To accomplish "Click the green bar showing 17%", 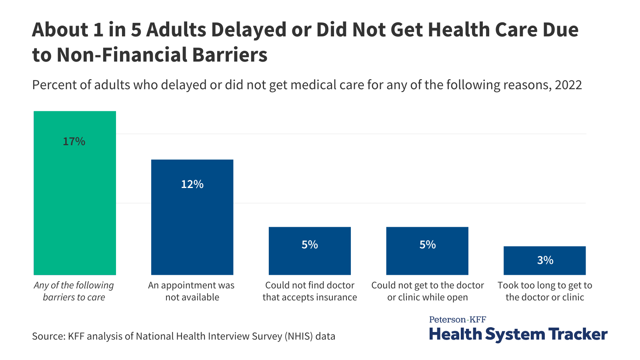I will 75,200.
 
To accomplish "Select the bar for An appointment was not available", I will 192,224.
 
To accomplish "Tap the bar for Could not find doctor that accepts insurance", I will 310,256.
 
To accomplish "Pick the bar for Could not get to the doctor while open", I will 427,256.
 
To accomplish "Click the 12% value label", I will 192,184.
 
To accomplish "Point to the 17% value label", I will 74,142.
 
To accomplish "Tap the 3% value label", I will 545,260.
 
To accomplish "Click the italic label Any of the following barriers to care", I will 74,291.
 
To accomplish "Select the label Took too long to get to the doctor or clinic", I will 545,291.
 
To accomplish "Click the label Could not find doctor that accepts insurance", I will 310,291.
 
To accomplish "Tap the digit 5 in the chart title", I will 136,30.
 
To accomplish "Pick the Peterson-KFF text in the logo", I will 457,319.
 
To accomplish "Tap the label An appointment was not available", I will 192,291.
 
